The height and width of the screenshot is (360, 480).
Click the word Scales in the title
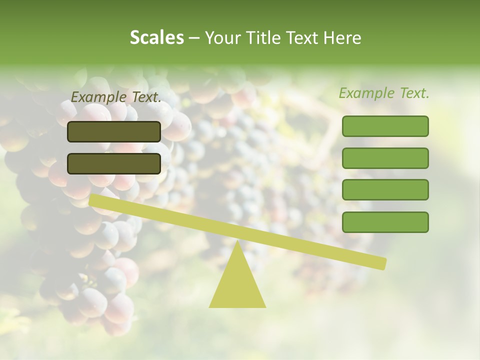[156, 37]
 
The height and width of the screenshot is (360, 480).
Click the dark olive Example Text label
[116, 97]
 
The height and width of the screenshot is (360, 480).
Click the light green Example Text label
[384, 93]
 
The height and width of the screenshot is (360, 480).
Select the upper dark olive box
[114, 131]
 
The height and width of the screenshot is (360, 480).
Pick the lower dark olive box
[114, 163]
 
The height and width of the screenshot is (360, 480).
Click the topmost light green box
[385, 126]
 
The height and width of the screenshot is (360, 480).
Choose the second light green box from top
[385, 158]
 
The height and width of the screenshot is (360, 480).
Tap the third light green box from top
[385, 190]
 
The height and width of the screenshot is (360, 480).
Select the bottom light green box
[385, 222]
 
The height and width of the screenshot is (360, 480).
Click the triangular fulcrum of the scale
[237, 282]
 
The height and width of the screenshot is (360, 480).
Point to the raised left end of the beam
[93, 200]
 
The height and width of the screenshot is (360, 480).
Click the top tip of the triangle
[237, 241]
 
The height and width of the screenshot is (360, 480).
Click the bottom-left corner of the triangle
[210, 306]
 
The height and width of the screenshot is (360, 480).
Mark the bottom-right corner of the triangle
[265, 306]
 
